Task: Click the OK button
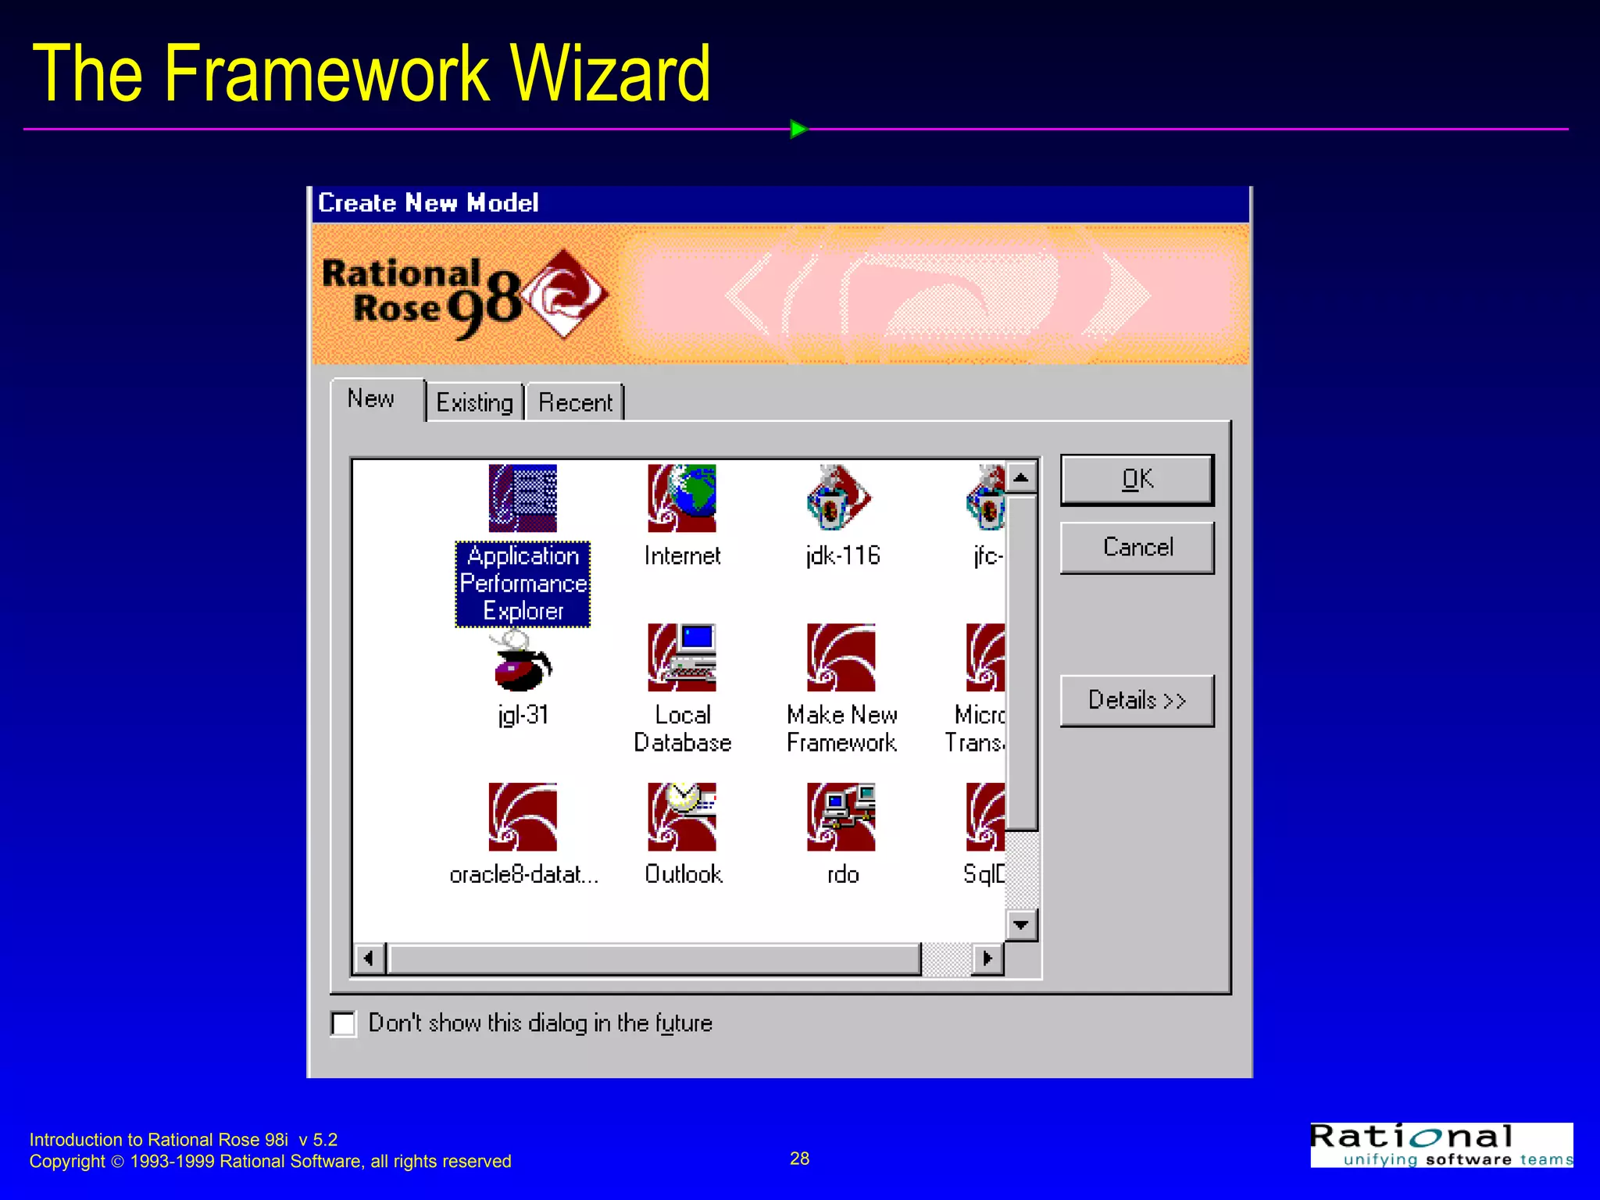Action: pyautogui.click(x=1137, y=479)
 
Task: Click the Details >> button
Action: pyautogui.click(x=1137, y=701)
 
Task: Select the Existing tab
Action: pyautogui.click(x=474, y=402)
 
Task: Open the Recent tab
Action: pyautogui.click(x=575, y=402)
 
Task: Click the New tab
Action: pyautogui.click(x=371, y=399)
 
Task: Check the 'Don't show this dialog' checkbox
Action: pyautogui.click(x=344, y=1023)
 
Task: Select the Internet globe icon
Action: pyautogui.click(x=682, y=498)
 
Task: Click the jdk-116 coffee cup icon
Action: pyautogui.click(x=840, y=498)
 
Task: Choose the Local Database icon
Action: pyautogui.click(x=682, y=658)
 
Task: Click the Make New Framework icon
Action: pyautogui.click(x=841, y=658)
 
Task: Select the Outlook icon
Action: pyautogui.click(x=682, y=817)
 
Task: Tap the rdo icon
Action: pyautogui.click(x=841, y=817)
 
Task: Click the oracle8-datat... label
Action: pyautogui.click(x=523, y=874)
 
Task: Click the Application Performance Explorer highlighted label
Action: pyautogui.click(x=523, y=584)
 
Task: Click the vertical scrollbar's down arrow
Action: pyautogui.click(x=1021, y=925)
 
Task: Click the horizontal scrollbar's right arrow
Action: pyautogui.click(x=987, y=959)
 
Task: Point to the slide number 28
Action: pyautogui.click(x=799, y=1159)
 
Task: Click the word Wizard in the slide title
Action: pyautogui.click(x=609, y=73)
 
